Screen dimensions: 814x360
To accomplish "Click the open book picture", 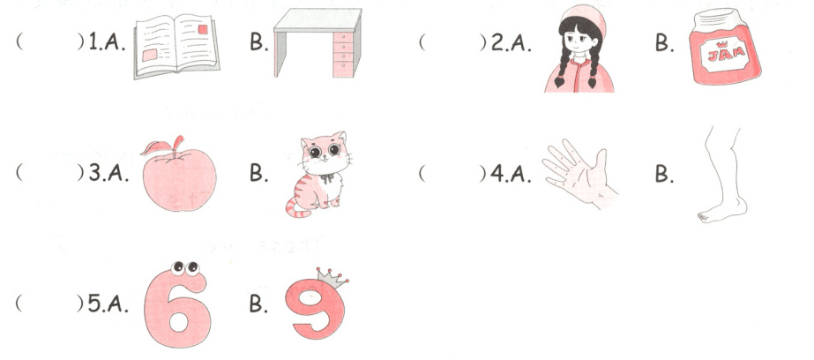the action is [x=176, y=46].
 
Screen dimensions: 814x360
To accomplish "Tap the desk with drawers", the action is [x=317, y=42].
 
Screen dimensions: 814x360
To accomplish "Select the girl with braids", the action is [x=579, y=49].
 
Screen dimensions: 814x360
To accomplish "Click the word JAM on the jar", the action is [x=724, y=52].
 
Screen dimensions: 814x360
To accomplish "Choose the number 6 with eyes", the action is [x=177, y=304].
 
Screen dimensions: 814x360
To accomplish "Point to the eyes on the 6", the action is [x=185, y=268].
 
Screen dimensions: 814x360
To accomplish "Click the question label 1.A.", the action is [x=107, y=43].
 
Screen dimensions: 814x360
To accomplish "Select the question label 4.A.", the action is [x=511, y=174].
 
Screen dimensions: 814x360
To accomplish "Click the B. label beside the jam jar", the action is [x=664, y=43].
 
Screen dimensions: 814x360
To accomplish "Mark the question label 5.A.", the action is [x=108, y=304].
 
